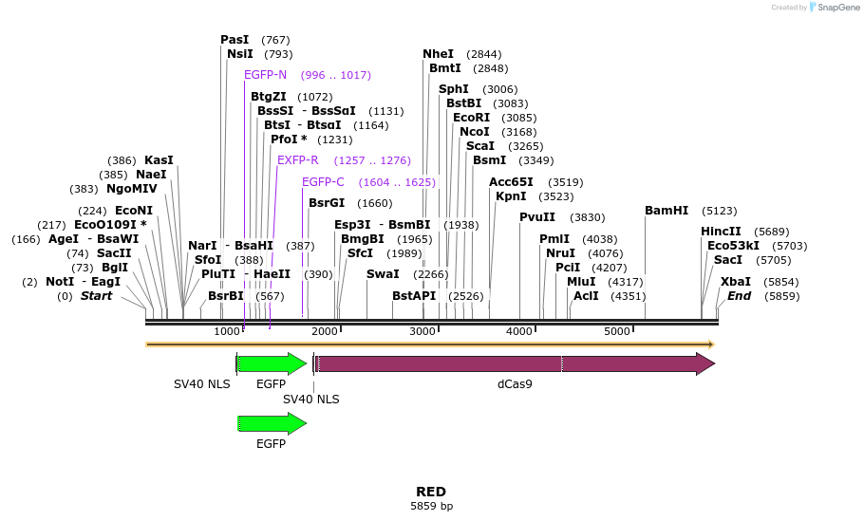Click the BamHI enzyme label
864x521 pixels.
point(666,211)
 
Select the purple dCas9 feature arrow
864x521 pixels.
point(513,363)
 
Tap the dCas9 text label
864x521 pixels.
point(515,384)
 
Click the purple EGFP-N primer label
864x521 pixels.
point(265,75)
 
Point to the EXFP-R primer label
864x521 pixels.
point(298,160)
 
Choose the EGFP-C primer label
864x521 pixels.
point(323,182)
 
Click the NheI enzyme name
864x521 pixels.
point(438,54)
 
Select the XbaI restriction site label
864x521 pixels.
point(735,282)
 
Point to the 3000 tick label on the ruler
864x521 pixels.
point(423,331)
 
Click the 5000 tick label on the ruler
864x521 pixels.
point(617,331)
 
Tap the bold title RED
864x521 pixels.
point(431,492)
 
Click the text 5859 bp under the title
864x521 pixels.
point(431,507)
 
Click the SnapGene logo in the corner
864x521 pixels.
point(835,8)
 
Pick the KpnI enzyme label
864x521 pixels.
point(511,196)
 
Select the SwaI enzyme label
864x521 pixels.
point(383,274)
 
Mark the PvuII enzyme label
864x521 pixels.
point(537,217)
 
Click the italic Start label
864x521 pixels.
point(96,296)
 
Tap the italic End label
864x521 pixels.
point(739,296)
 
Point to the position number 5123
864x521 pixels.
point(720,211)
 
